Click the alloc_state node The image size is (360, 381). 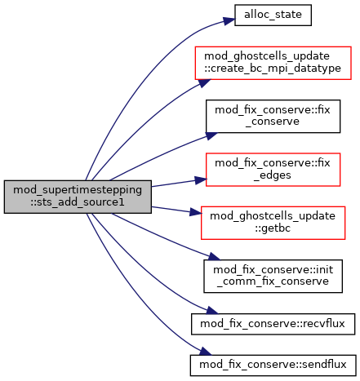click(x=273, y=16)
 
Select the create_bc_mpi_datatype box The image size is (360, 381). click(x=273, y=63)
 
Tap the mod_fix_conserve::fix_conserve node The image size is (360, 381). click(x=273, y=117)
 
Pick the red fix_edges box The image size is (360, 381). click(x=273, y=170)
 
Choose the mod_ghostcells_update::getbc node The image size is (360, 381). click(x=273, y=223)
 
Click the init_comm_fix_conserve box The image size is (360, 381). click(x=273, y=277)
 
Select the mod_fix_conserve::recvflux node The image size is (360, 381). click(x=273, y=324)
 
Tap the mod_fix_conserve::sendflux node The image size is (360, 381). click(x=273, y=365)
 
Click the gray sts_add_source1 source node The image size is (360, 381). click(x=78, y=197)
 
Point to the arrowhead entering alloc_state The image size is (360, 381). click(x=229, y=20)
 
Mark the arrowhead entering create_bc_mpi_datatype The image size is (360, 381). click(x=205, y=82)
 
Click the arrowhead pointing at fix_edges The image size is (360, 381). click(x=201, y=180)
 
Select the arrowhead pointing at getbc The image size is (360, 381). click(x=196, y=212)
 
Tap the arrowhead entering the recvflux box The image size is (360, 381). click(x=211, y=311)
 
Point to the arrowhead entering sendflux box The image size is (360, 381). click(x=205, y=352)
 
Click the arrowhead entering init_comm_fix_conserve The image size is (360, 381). click(x=213, y=257)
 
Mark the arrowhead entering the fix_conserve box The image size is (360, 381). click(x=211, y=135)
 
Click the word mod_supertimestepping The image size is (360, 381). click(x=78, y=190)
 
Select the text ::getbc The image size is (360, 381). click(x=273, y=228)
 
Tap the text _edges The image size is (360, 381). click(x=273, y=175)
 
